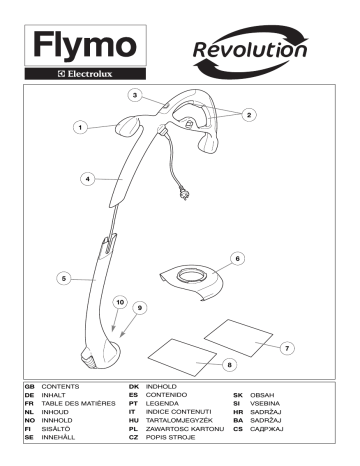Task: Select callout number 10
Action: click(119, 301)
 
